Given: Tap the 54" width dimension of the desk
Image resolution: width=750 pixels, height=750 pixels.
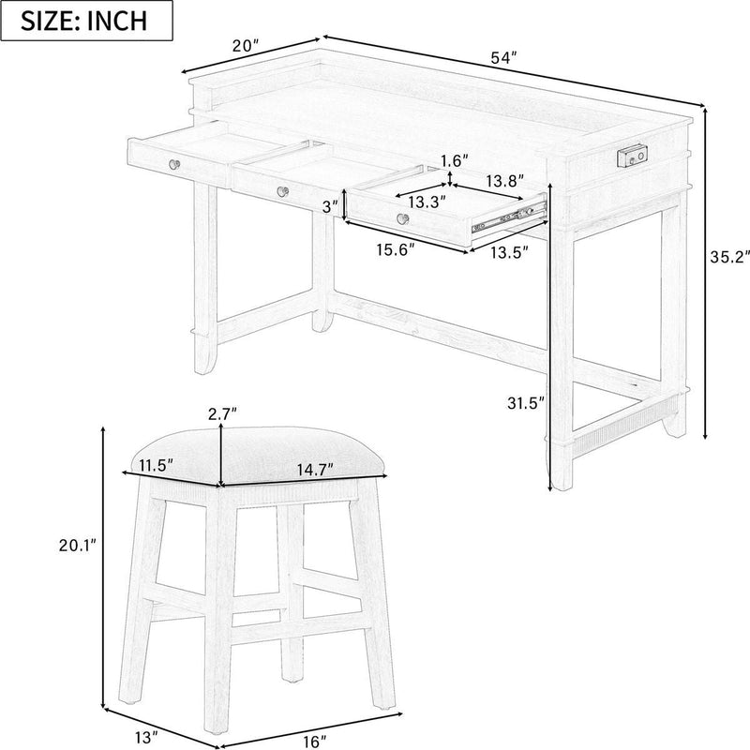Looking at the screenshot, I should (504, 58).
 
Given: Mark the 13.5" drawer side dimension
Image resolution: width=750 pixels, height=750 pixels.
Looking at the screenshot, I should (506, 251).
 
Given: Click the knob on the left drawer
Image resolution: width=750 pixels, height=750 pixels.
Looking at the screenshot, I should (174, 165).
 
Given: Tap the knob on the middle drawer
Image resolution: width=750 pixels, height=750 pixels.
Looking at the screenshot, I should (281, 191).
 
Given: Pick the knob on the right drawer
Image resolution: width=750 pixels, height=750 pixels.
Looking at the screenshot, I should (404, 219).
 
